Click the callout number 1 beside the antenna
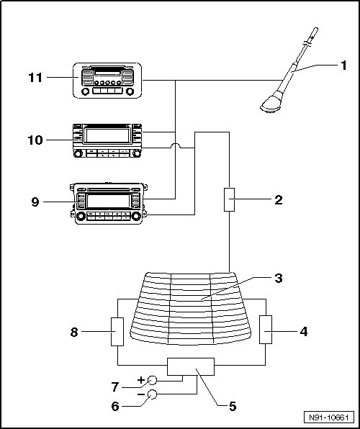pyautogui.click(x=343, y=66)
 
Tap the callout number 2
pyautogui.click(x=279, y=200)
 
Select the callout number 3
pyautogui.click(x=279, y=279)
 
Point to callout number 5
pyautogui.click(x=233, y=406)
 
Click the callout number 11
pyautogui.click(x=35, y=78)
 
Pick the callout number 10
pyautogui.click(x=35, y=140)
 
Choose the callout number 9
pyautogui.click(x=35, y=202)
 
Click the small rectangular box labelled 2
pyautogui.click(x=229, y=199)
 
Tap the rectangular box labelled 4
pyautogui.click(x=266, y=330)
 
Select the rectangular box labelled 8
pyautogui.click(x=117, y=332)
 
